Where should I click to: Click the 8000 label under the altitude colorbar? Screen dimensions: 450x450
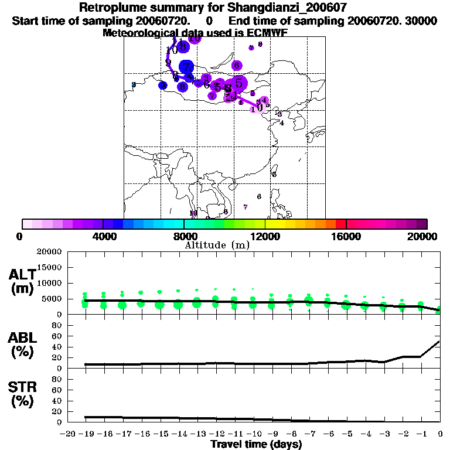coord(184,236)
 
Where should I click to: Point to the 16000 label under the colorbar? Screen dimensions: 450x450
coord(346,236)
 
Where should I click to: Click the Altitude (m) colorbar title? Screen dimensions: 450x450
coord(217,245)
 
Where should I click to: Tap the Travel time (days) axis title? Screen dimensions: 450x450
coord(256,444)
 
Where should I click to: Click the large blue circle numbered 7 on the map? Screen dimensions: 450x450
coord(186,66)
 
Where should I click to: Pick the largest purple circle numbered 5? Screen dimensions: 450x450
coord(238,83)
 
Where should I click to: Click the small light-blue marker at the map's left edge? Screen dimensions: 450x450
coord(134,85)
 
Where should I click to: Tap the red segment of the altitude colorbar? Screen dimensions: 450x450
coord(341,224)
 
